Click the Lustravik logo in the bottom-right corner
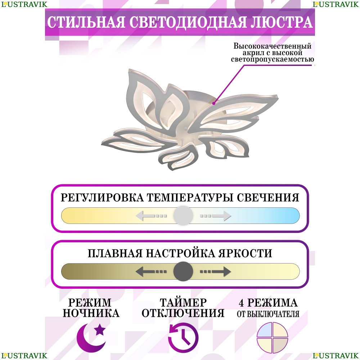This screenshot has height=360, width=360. [336, 356]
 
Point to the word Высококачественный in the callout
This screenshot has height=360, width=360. [273, 46]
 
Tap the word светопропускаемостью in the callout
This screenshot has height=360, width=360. [273, 59]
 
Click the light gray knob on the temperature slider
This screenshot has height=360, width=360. [183, 216]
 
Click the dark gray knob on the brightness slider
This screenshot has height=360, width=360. [183, 271]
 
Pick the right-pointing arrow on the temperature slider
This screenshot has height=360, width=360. [215, 216]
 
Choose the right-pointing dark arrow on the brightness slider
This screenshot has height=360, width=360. [215, 271]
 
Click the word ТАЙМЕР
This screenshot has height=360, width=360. [183, 302]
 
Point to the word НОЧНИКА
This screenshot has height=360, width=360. [91, 313]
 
